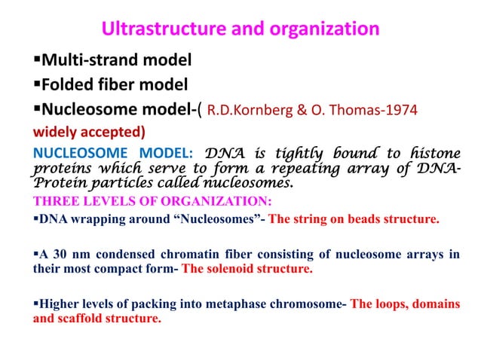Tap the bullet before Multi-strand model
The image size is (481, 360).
36,58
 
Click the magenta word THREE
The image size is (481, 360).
53,200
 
